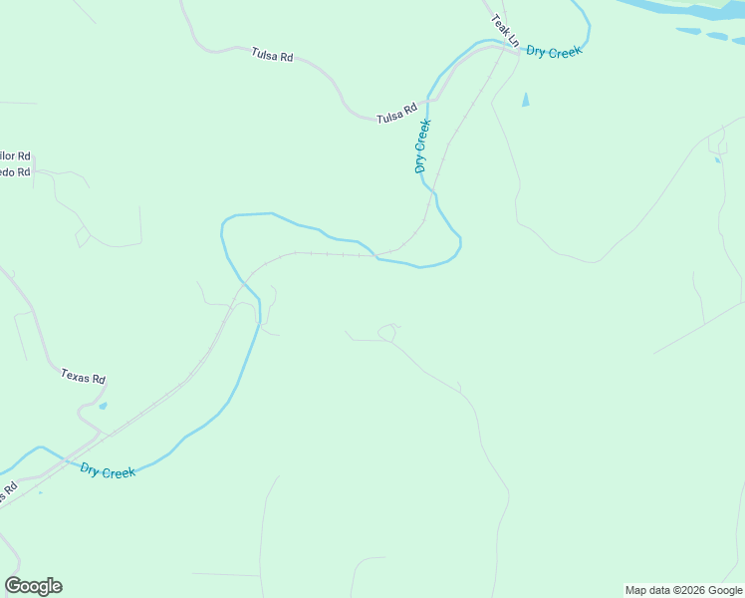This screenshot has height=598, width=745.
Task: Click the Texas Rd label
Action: (x=83, y=377)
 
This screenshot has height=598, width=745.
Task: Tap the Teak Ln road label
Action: (x=505, y=30)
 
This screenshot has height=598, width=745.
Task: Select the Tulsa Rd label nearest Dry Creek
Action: (x=396, y=114)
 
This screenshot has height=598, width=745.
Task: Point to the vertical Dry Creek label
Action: (x=422, y=147)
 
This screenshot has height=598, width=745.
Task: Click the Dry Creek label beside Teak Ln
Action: (x=553, y=51)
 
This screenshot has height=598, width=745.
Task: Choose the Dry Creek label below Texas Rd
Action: (x=108, y=471)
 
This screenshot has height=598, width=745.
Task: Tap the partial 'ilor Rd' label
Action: (x=15, y=156)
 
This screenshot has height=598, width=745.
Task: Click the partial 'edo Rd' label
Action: (x=15, y=172)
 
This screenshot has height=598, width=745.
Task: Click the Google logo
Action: (x=33, y=586)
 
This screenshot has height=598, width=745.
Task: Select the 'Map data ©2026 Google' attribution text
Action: (x=684, y=590)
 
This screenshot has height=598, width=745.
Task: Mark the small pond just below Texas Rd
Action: (x=103, y=406)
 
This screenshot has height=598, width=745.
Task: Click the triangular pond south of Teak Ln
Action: (x=525, y=100)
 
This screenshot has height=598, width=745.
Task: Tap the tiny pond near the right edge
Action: (x=716, y=159)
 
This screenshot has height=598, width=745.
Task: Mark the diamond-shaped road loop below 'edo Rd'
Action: (x=83, y=236)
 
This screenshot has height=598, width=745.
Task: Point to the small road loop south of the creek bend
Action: (x=386, y=332)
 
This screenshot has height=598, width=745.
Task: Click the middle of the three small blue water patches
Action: (x=717, y=37)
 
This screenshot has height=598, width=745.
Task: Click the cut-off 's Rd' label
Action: (x=8, y=490)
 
